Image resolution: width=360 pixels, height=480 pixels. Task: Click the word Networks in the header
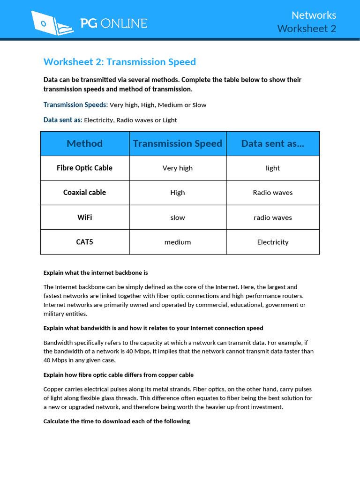click(314, 15)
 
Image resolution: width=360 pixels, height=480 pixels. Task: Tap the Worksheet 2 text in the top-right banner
click(307, 29)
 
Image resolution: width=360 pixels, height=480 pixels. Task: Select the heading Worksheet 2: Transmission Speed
click(120, 62)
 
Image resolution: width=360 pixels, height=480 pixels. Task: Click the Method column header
click(84, 143)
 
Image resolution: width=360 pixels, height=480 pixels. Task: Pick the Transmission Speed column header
click(177, 143)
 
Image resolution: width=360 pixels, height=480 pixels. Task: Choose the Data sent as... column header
click(272, 143)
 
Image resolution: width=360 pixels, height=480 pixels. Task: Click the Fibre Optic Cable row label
click(84, 168)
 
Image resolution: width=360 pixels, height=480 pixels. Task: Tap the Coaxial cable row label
click(84, 192)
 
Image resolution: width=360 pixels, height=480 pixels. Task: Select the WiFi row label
click(84, 217)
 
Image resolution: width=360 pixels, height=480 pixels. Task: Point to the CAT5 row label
click(84, 242)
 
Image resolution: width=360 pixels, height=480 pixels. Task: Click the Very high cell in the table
click(177, 168)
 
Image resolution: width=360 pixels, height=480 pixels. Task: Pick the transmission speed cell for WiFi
click(177, 217)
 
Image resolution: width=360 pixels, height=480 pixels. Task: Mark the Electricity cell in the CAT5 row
click(272, 242)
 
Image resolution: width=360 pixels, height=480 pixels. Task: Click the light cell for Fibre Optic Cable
click(272, 168)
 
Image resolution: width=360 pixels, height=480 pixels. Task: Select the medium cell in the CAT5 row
click(177, 242)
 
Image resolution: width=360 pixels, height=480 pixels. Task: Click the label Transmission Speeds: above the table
click(75, 105)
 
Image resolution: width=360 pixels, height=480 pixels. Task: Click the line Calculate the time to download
click(117, 421)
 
